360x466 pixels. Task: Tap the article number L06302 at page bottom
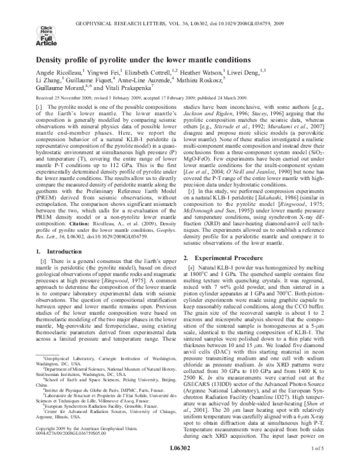pyautogui.click(x=179, y=456)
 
